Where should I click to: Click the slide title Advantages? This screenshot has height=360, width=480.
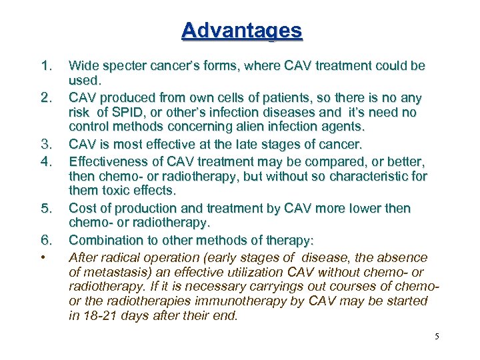coord(241,31)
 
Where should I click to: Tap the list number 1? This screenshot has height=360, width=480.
coord(46,66)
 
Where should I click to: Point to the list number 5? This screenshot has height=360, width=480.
coord(46,209)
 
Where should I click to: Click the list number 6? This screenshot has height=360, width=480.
coord(46,239)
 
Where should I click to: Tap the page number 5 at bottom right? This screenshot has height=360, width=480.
coord(437,336)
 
